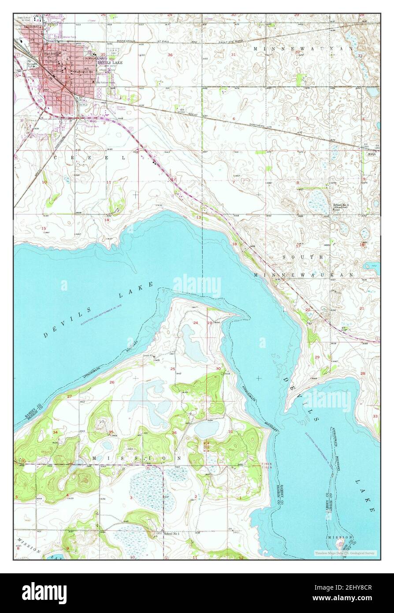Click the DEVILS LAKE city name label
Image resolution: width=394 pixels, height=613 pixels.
[x=110, y=63]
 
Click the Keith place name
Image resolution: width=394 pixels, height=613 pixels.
[x=372, y=154]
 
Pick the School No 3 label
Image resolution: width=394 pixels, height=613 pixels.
[x=342, y=206]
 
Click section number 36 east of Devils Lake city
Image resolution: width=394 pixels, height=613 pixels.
[x=170, y=55]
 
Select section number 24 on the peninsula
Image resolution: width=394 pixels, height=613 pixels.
[x=195, y=323]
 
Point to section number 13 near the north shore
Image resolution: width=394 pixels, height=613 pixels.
[x=198, y=217]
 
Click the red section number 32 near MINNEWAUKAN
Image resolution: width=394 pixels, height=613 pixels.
[x=297, y=52]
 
